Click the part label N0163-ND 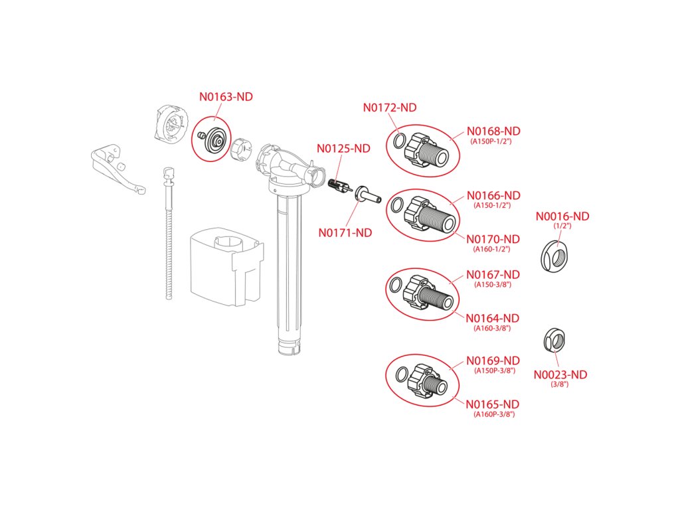[226, 97]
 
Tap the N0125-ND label [343, 149]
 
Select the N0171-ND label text [345, 233]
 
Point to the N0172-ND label [389, 108]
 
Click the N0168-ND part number [493, 131]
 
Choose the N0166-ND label [493, 196]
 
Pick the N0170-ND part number [493, 239]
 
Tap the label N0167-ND [493, 274]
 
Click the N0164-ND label [493, 318]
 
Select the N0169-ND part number [493, 361]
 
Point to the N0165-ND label [493, 404]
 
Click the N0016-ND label [562, 216]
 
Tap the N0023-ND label [560, 375]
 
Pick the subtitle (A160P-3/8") [494, 414]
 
